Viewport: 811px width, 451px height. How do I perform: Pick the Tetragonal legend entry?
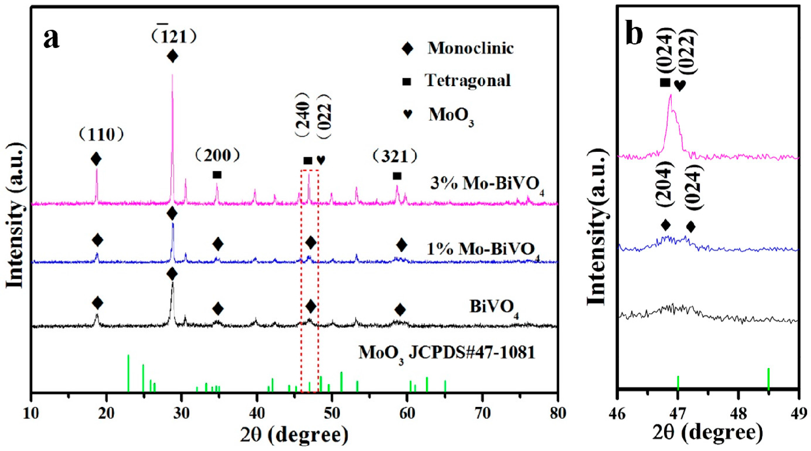[x=468, y=81]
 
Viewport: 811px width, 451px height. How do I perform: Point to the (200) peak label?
[x=217, y=155]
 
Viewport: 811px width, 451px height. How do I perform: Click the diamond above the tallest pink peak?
[x=172, y=56]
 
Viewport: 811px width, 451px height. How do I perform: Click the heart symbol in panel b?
[x=680, y=85]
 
